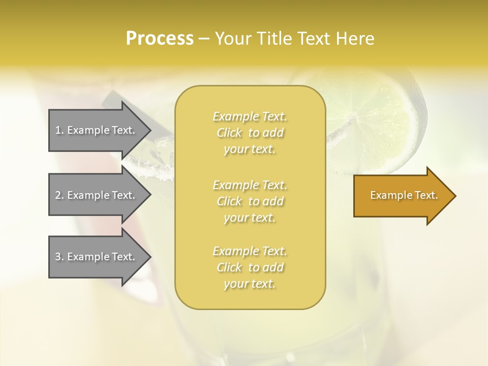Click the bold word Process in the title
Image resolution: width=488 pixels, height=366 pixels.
(x=160, y=38)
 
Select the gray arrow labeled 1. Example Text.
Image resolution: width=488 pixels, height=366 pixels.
(x=97, y=130)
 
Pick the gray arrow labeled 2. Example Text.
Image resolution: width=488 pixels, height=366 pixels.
(x=97, y=195)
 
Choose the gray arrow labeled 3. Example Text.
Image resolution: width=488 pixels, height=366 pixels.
(x=97, y=257)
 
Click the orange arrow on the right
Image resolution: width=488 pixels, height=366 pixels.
(x=402, y=196)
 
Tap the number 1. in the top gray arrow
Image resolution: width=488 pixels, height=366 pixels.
(x=59, y=130)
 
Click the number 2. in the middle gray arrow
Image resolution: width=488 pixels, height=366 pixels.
(x=59, y=195)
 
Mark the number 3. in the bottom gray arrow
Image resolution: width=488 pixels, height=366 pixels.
(x=59, y=257)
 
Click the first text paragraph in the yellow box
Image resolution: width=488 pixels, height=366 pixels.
(x=250, y=133)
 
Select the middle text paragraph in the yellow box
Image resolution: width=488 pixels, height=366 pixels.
(x=250, y=201)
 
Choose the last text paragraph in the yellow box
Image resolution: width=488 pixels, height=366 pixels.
(x=250, y=267)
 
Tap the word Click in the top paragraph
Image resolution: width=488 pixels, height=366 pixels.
(x=229, y=133)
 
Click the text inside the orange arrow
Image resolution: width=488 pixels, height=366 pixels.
(x=404, y=195)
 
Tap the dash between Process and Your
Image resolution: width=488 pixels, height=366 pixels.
(x=204, y=39)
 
